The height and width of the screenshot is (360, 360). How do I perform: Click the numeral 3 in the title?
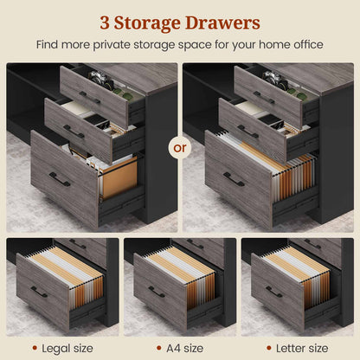click(x=105, y=22)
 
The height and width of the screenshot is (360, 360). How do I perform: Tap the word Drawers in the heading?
click(x=222, y=22)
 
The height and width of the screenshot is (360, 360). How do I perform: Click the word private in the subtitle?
click(x=112, y=45)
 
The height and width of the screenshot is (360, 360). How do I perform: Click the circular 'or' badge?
click(x=180, y=148)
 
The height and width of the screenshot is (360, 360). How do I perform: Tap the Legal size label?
click(x=67, y=349)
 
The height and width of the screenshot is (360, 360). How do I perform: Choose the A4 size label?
click(x=184, y=348)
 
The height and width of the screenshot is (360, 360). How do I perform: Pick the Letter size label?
click(x=302, y=348)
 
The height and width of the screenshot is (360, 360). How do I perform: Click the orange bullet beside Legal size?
click(x=35, y=348)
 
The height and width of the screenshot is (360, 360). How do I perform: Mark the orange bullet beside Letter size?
click(x=269, y=348)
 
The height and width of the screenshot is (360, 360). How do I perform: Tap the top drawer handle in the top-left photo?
click(x=90, y=98)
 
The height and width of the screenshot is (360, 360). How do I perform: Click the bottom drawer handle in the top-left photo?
click(x=60, y=179)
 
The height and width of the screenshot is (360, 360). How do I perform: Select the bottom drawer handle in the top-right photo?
click(x=234, y=179)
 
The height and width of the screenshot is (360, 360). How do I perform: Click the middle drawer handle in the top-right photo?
click(x=247, y=132)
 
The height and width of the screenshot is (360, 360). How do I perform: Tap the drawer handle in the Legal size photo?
click(x=39, y=292)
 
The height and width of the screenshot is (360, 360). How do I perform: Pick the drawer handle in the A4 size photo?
click(x=157, y=292)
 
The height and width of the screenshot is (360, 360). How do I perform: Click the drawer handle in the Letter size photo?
click(x=274, y=292)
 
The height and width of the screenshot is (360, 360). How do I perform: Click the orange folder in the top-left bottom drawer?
click(x=119, y=177)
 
